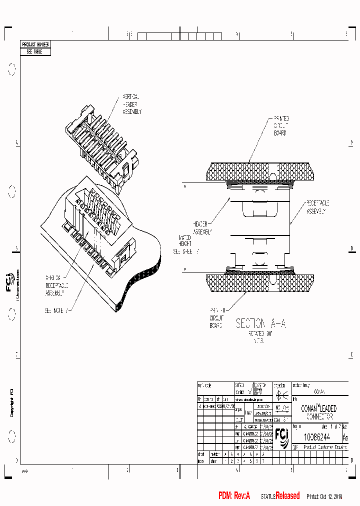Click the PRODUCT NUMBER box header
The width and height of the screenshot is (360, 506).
(x=35, y=44)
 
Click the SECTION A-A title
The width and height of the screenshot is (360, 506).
(x=260, y=324)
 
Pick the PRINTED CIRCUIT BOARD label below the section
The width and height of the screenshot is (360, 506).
(x=216, y=317)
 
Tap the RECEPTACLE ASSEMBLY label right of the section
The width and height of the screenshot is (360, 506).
(x=316, y=207)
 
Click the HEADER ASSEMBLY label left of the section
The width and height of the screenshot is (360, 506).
(x=201, y=228)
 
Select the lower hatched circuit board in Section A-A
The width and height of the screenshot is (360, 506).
(x=260, y=282)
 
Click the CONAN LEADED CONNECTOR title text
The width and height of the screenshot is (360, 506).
(x=319, y=412)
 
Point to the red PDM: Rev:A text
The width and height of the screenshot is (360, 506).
(x=233, y=496)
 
